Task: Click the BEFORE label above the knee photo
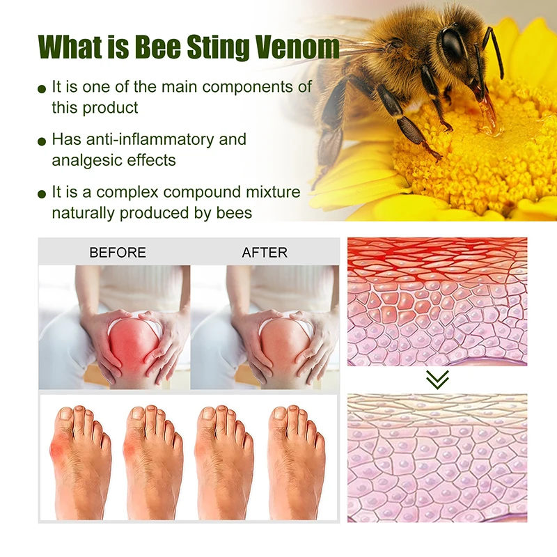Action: point(118,252)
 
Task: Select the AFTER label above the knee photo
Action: point(265,252)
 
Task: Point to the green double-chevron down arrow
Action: point(437,379)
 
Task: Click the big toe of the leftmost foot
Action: point(65,419)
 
